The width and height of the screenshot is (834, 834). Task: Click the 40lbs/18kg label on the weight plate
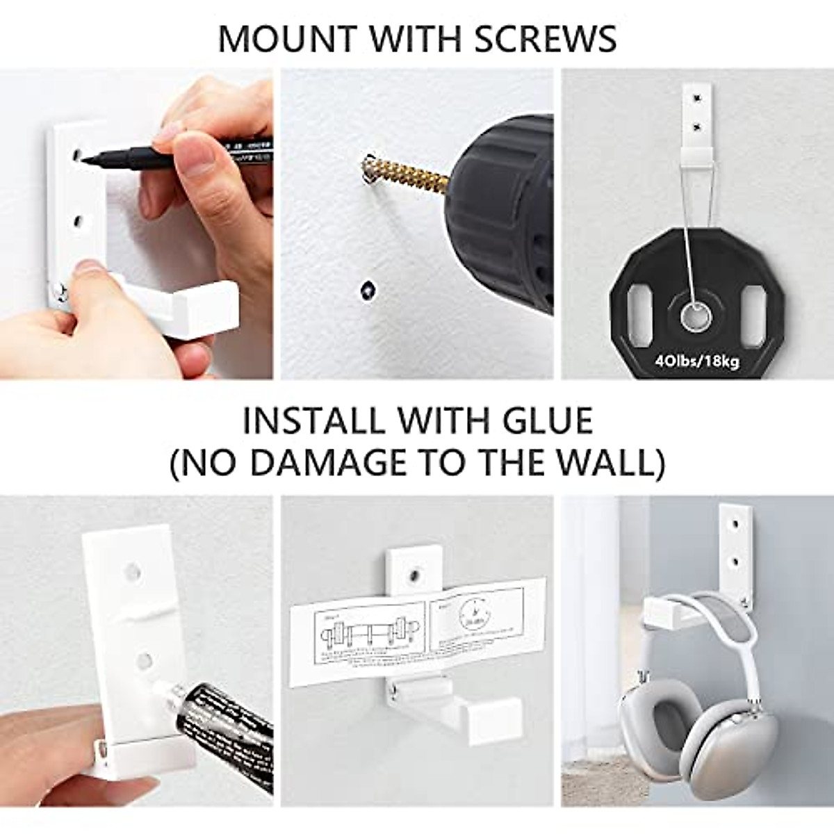pyautogui.click(x=698, y=361)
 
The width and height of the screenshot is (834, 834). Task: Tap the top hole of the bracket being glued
pyautogui.click(x=129, y=572)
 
